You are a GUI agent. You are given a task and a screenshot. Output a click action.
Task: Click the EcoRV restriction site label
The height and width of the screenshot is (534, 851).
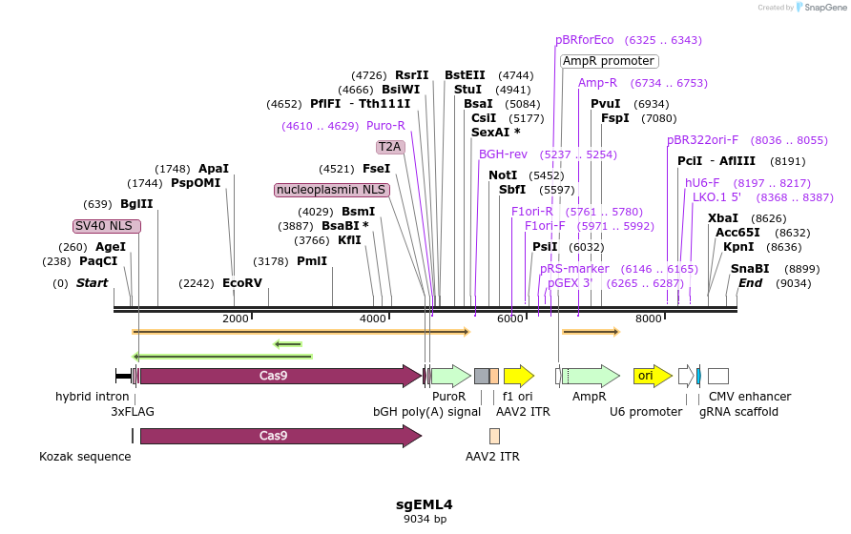click(242, 283)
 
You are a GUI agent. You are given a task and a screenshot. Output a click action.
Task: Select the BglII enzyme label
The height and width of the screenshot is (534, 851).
click(136, 204)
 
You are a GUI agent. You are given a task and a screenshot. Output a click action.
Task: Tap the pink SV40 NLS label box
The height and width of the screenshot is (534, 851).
click(107, 226)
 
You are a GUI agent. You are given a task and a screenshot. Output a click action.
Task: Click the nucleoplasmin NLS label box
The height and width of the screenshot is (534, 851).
click(331, 190)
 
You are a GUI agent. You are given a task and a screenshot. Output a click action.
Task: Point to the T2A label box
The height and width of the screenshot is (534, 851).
click(389, 147)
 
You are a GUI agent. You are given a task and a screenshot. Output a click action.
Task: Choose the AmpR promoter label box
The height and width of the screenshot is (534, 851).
click(609, 61)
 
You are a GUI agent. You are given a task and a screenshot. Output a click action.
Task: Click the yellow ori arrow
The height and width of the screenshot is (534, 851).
click(646, 376)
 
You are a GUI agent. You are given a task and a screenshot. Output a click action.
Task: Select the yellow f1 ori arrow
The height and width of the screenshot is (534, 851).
click(518, 376)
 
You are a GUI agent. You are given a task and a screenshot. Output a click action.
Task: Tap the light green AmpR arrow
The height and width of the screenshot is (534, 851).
click(591, 376)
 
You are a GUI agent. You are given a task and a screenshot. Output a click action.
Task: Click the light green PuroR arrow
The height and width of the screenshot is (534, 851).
click(450, 376)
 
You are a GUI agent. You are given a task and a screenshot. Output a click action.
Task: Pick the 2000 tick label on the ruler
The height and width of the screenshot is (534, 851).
click(235, 318)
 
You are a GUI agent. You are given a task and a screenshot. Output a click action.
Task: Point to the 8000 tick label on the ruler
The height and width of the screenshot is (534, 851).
click(649, 318)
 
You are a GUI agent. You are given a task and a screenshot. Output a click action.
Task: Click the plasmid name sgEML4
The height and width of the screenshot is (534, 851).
click(425, 504)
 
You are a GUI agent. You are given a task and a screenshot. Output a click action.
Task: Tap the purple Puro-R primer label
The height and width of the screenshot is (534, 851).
click(385, 126)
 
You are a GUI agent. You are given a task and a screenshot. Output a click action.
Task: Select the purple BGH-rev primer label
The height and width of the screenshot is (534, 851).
click(503, 154)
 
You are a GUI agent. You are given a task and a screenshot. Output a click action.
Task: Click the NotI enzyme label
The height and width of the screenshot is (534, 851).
click(503, 175)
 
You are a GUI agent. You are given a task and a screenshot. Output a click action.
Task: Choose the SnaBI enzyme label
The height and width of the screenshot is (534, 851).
click(750, 269)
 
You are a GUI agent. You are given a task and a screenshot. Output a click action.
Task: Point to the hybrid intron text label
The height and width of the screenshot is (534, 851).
click(92, 397)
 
